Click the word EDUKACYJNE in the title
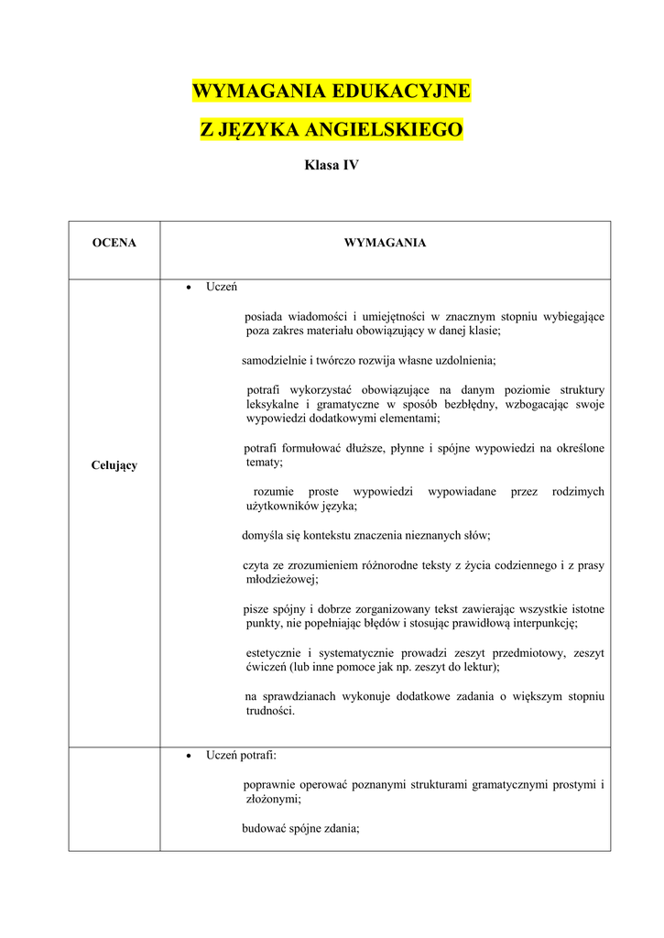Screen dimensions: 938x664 tap(400, 91)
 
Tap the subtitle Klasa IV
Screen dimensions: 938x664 tap(331, 166)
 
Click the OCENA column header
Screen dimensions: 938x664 tap(114, 243)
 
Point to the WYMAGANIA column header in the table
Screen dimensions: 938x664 tap(385, 243)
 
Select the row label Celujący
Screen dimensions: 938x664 tap(114, 465)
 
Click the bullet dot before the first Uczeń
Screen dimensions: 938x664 tap(188, 288)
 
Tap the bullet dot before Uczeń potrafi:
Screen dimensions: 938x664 tap(188, 757)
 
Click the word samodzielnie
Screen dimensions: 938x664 tap(274, 360)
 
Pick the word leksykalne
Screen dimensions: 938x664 tap(273, 404)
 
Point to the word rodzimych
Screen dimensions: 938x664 tap(578, 492)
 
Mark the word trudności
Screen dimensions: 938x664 tap(270, 711)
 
